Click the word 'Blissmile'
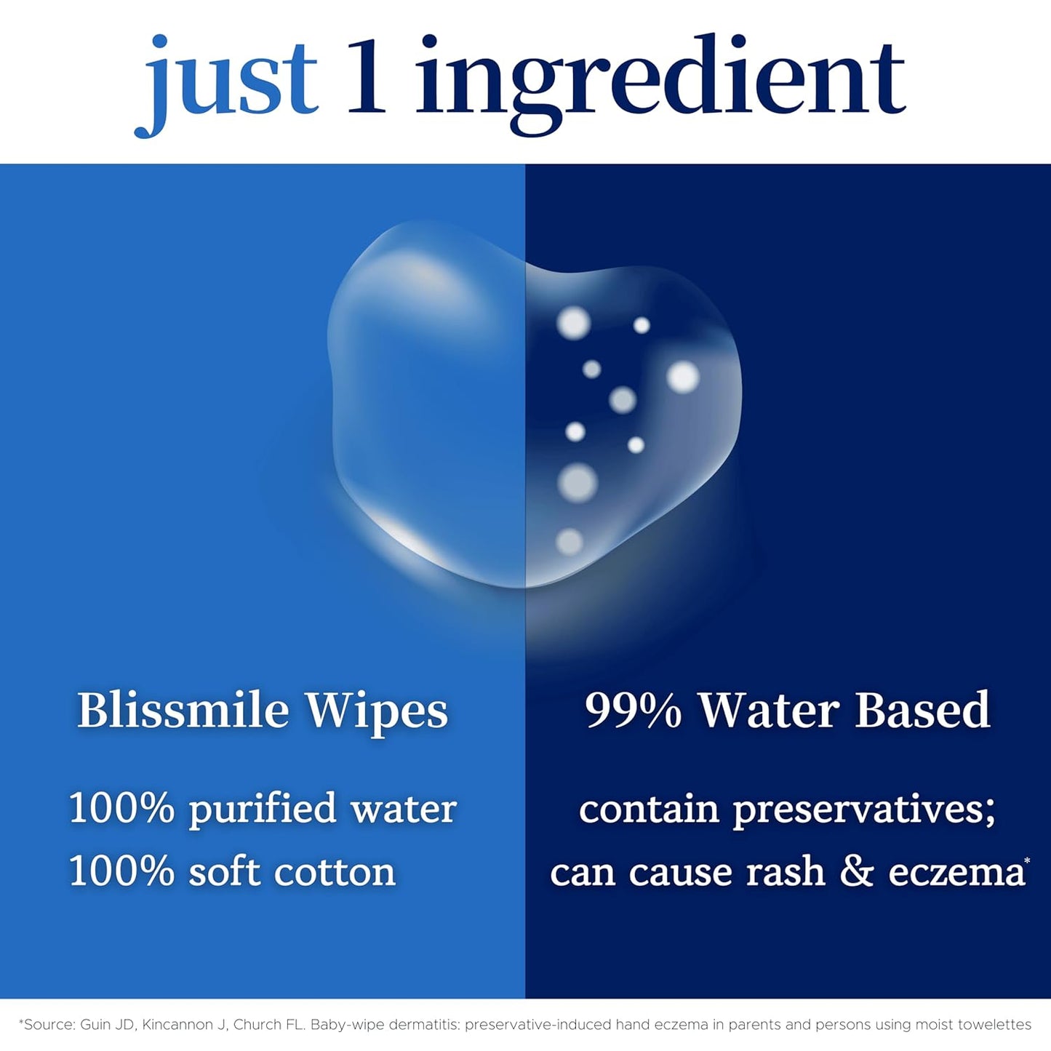pos(183,710)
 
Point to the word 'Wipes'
pos(376,711)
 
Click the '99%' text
pos(632,711)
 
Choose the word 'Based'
pos(922,710)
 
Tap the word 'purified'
pos(263,810)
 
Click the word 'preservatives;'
pos(863,810)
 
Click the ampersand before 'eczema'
pos(856,871)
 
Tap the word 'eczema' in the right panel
pos(955,871)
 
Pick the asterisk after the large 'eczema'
pos(1027,861)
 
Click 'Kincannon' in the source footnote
pos(177,1025)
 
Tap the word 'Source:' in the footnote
pos(49,1025)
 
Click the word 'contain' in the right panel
pos(649,810)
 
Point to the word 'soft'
pos(224,871)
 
